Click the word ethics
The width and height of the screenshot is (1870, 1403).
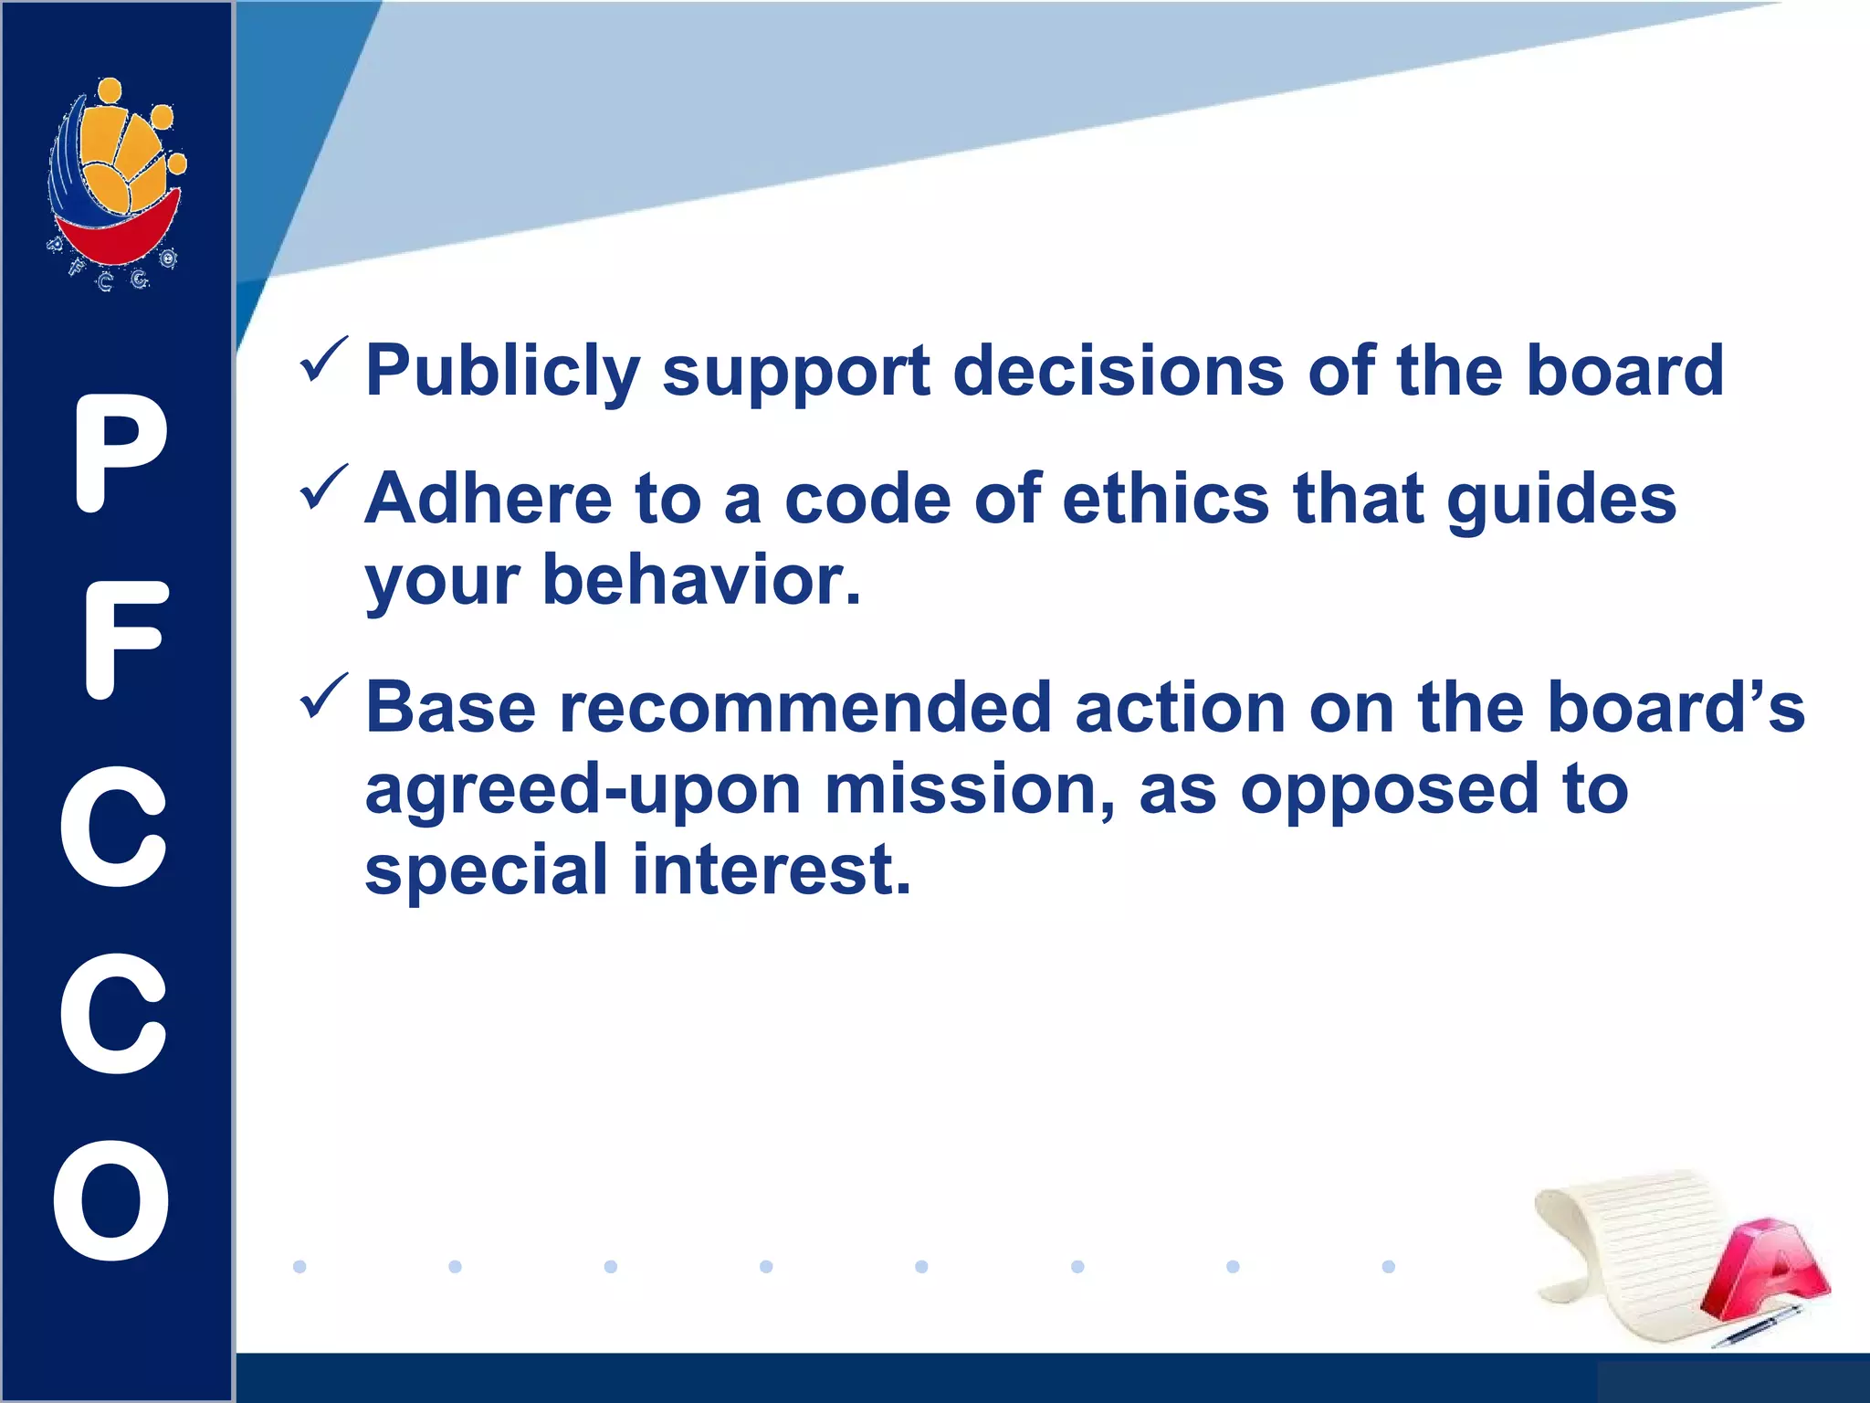point(1165,500)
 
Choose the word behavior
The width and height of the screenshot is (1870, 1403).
point(701,580)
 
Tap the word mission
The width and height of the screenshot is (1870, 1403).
point(969,789)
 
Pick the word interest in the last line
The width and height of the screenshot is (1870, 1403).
point(772,870)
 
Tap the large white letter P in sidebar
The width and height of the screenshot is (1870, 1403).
point(119,453)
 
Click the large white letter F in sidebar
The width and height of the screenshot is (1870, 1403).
point(123,639)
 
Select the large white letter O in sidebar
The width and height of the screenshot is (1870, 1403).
point(112,1199)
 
